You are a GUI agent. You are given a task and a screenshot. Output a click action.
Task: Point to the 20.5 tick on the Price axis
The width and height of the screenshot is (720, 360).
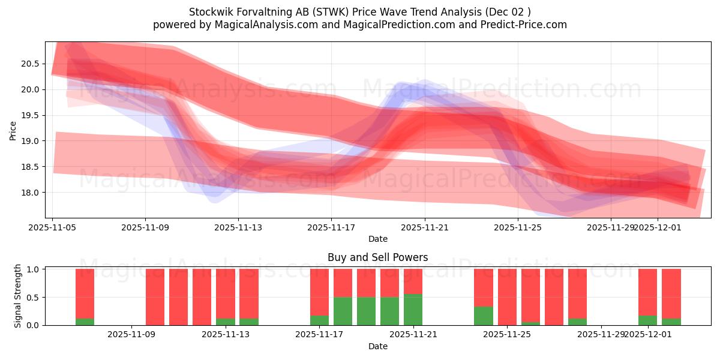click(x=31, y=64)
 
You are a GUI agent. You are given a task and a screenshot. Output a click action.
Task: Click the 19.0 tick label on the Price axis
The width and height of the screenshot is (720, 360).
click(x=31, y=141)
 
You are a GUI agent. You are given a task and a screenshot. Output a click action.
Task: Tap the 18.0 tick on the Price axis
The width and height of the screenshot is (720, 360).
click(x=31, y=193)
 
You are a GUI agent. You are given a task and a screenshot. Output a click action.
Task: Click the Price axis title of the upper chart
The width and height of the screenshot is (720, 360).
click(x=13, y=130)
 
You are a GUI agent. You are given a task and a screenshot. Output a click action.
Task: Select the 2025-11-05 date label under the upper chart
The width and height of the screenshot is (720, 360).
click(x=53, y=228)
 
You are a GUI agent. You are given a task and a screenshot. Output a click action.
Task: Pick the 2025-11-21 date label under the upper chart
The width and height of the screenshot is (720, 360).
click(x=425, y=228)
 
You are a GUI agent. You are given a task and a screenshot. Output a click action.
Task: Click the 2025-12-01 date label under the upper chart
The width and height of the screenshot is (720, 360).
click(x=658, y=228)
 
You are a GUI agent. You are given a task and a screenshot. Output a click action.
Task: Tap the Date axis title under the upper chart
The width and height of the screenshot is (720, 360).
click(x=378, y=239)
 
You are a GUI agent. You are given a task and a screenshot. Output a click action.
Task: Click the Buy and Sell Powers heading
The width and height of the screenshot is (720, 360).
click(x=378, y=257)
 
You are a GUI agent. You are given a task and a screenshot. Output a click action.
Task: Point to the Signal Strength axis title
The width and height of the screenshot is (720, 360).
click(x=18, y=296)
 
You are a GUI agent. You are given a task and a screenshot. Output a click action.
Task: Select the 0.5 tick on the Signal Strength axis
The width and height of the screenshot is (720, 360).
click(x=33, y=297)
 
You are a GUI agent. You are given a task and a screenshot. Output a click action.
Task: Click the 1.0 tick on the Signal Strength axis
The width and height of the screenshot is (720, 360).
click(x=33, y=269)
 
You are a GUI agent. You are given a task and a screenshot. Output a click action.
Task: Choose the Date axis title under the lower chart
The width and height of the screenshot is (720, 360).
click(x=378, y=346)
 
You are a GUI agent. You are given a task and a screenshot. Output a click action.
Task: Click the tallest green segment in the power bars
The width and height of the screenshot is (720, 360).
click(x=413, y=310)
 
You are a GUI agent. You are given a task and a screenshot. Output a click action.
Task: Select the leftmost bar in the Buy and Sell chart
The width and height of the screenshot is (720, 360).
click(x=85, y=297)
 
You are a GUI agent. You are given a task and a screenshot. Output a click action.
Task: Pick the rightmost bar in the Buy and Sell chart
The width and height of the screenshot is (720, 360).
click(x=671, y=297)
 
